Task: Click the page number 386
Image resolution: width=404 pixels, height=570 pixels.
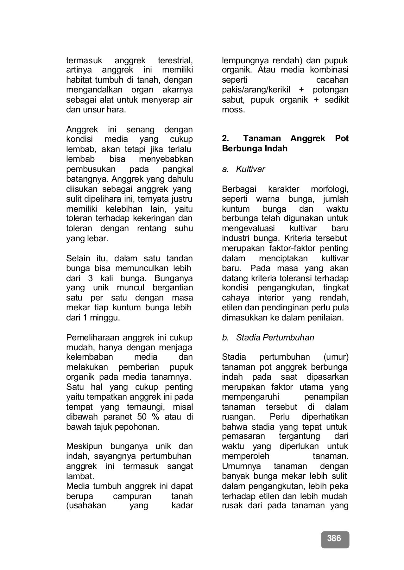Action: click(x=334, y=538)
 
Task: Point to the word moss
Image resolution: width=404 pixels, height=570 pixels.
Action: click(x=233, y=110)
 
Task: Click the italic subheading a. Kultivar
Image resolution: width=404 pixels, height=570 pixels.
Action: click(x=243, y=169)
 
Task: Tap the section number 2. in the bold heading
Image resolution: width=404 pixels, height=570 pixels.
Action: click(x=225, y=138)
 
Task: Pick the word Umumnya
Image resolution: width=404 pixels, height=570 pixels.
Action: click(x=242, y=466)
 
